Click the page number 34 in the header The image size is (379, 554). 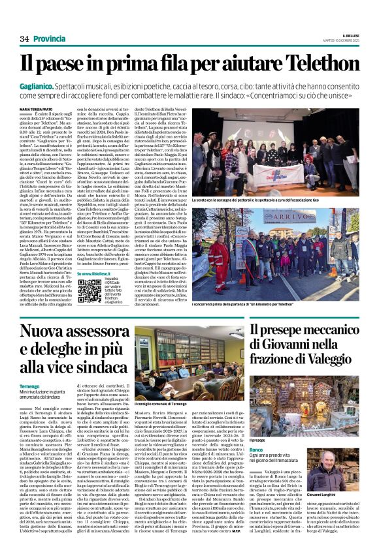tap(24, 39)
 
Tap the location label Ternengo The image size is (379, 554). tap(30, 387)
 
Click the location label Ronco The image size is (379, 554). tap(256, 432)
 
